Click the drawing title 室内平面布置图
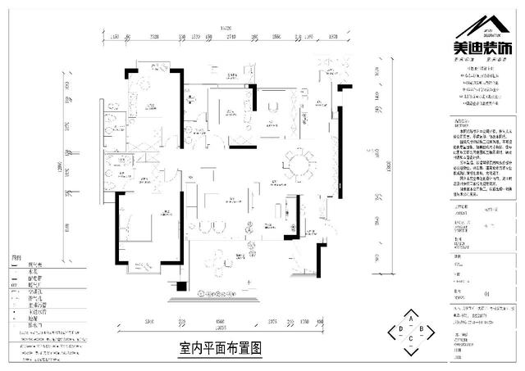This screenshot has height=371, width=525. (x=220, y=347)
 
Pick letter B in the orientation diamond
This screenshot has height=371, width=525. (x=421, y=330)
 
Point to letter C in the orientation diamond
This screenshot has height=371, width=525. (x=411, y=340)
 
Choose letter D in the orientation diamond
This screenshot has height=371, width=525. (x=400, y=330)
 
